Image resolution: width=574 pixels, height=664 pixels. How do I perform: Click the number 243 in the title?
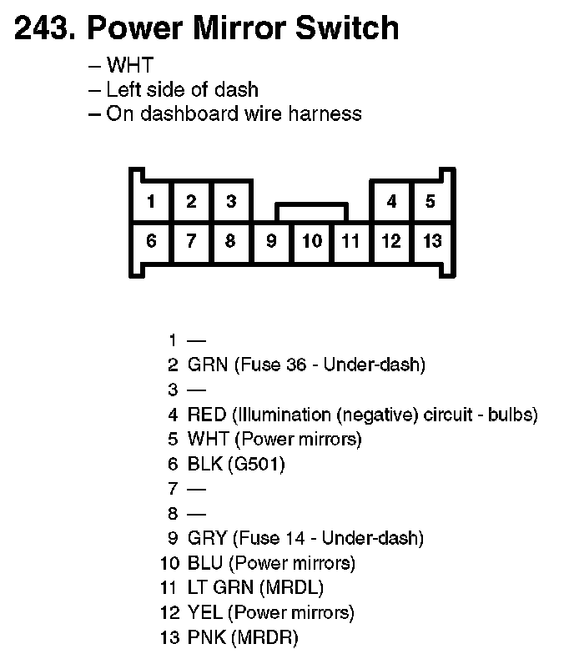pos(43,28)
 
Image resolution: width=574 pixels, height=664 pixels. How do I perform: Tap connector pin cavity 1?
pos(151,201)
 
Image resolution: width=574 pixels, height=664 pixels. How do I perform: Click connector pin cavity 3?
pos(231,201)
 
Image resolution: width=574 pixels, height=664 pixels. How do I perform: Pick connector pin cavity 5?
pos(430,201)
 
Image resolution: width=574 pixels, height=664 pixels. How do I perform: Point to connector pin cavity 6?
pos(151,241)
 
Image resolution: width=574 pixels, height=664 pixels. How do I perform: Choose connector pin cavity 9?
pos(271,242)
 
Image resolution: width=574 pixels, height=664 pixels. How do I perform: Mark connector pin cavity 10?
pos(311,242)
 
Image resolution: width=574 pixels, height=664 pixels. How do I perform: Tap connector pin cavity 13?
pos(431,242)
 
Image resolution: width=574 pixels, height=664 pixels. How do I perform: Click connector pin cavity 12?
pos(391,242)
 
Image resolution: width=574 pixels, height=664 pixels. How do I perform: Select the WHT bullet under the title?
pos(129,65)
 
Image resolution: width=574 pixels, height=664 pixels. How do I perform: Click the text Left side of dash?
pos(182,89)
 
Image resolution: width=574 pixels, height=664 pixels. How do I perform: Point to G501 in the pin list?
pos(257,464)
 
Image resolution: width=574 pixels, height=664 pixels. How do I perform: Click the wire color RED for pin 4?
pos(206,415)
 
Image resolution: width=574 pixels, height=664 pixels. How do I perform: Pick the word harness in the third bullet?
pos(325,113)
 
